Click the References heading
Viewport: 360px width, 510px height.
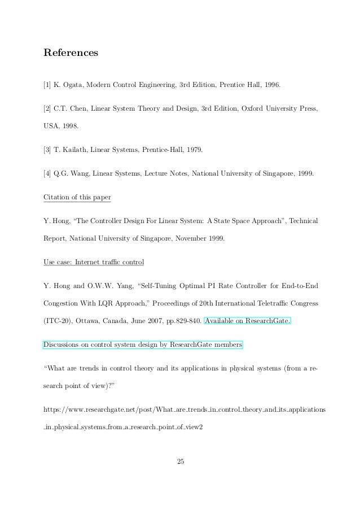71,53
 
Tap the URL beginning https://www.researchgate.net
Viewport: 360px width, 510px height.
180,408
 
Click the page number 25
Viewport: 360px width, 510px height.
180,463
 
